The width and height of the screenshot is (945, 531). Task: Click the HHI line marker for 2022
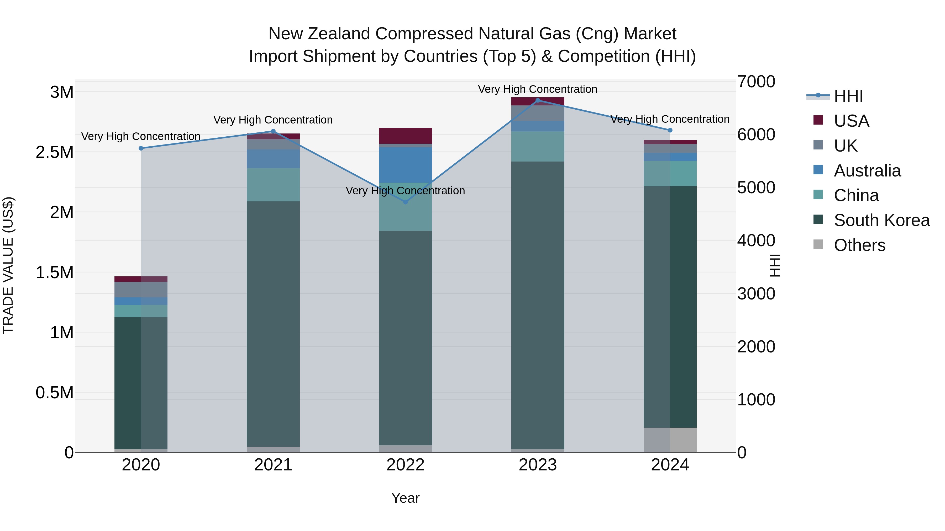click(405, 202)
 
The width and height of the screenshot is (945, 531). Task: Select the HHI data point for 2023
click(538, 100)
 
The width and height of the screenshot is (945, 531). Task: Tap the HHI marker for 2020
click(141, 148)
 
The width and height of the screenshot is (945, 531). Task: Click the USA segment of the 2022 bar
click(405, 136)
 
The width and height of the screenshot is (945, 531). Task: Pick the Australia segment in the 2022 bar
click(405, 165)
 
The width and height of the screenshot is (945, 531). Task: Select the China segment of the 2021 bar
click(273, 185)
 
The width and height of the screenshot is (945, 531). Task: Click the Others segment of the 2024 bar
click(670, 440)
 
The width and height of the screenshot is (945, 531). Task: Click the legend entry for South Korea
click(881, 220)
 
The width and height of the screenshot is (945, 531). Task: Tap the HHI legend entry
click(848, 96)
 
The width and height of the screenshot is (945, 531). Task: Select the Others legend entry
click(859, 245)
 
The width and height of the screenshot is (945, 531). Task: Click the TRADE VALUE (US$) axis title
click(8, 265)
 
